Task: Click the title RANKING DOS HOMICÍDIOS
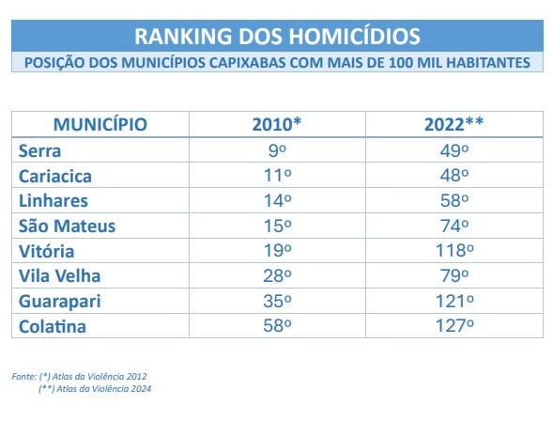(x=277, y=36)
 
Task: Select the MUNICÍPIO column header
(x=100, y=125)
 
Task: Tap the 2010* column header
(x=277, y=124)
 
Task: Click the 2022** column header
(x=453, y=124)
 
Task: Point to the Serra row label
(x=39, y=150)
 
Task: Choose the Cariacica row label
(x=55, y=176)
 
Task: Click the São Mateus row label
(x=67, y=226)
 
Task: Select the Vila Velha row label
(x=59, y=276)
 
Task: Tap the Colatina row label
(x=53, y=326)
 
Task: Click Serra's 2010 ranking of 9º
(x=277, y=150)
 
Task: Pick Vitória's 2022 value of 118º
(x=454, y=251)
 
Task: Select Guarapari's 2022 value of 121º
(x=454, y=301)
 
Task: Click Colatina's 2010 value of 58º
(x=277, y=326)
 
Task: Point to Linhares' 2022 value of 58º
(x=454, y=200)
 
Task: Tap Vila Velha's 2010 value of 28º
(x=277, y=275)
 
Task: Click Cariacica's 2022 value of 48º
(x=454, y=176)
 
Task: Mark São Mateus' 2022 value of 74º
(x=454, y=226)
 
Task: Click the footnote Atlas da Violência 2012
(x=100, y=377)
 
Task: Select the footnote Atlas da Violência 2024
(x=103, y=389)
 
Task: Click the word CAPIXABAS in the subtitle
(x=248, y=63)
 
